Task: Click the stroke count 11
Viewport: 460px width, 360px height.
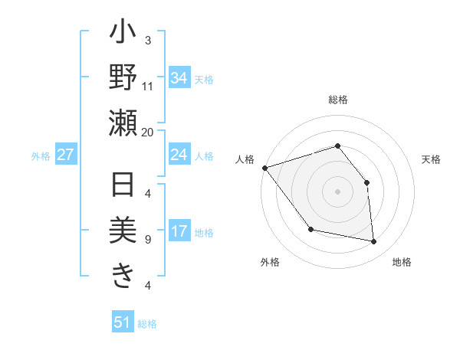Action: coord(148,86)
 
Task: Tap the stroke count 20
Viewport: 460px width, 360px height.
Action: coord(148,132)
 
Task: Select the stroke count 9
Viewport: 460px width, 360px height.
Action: coord(148,240)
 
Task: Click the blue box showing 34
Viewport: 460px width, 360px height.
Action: coord(179,78)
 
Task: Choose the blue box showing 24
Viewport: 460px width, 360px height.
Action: coord(179,155)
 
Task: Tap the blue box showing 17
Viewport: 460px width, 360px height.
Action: coord(179,232)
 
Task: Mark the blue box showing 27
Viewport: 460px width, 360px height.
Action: coord(66,155)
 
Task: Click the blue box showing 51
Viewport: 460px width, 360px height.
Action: coord(123,322)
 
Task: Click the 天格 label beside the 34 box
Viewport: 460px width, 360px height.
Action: coord(204,79)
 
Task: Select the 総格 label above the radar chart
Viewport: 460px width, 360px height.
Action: coord(338,100)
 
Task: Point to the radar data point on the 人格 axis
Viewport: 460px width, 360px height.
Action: coord(264,168)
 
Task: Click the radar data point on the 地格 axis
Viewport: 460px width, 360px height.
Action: coord(374,242)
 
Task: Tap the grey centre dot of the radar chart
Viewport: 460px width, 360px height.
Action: coord(337,191)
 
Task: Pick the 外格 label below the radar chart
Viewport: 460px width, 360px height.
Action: coord(270,262)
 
